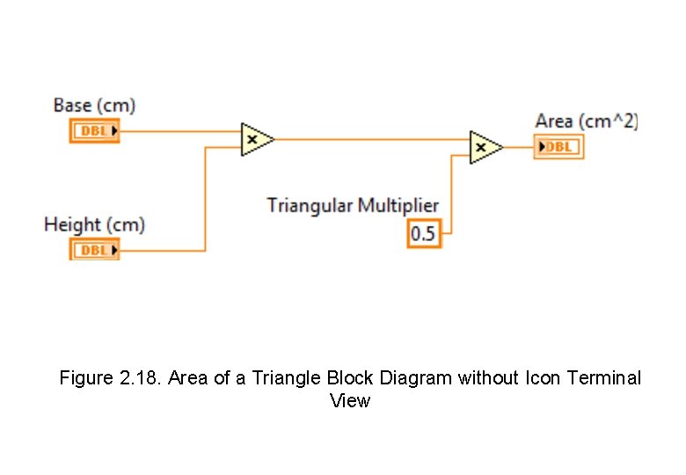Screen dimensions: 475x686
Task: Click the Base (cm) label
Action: (94, 106)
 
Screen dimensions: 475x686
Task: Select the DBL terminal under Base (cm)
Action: (95, 132)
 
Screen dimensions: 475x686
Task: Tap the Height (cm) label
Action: (94, 224)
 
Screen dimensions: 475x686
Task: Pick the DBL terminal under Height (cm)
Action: (95, 251)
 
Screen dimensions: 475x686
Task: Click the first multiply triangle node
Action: (256, 139)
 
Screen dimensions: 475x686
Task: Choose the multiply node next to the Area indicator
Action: (485, 148)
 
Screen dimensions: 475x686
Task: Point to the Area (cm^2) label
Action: (586, 121)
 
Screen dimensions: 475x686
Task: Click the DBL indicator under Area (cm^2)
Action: (558, 147)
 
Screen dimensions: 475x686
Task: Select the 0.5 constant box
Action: (423, 235)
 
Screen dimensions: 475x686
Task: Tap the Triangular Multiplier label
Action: (353, 206)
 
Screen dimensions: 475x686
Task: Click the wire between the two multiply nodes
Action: (369, 138)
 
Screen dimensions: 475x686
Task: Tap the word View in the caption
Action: (350, 401)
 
